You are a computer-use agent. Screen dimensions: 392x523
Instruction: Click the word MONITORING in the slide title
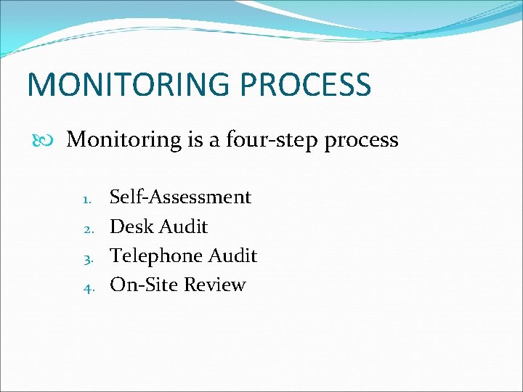[128, 84]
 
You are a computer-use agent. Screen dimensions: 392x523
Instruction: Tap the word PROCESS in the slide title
[306, 84]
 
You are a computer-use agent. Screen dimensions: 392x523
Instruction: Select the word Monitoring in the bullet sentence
[124, 140]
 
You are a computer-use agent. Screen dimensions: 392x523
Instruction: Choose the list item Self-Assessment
[180, 197]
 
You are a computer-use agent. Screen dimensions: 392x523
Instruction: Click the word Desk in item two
[131, 227]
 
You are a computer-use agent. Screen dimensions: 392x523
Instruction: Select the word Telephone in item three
[155, 256]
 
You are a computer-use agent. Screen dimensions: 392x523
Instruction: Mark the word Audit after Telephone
[232, 256]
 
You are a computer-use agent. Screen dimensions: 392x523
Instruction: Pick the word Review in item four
[214, 285]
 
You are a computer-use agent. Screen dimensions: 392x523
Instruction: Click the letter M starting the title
[39, 84]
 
